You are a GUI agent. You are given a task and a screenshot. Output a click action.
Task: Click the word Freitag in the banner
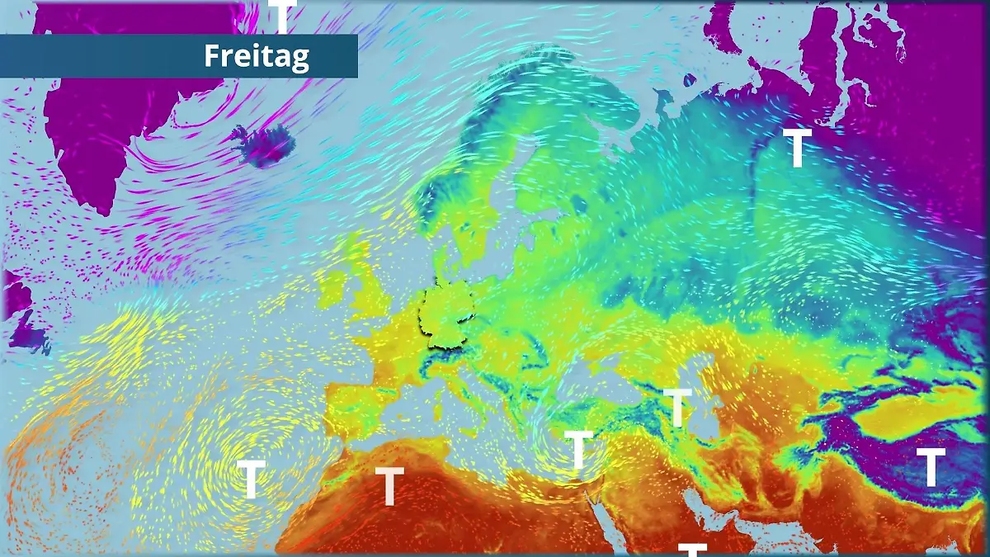click(x=256, y=56)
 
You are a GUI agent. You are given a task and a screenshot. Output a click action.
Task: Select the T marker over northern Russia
click(x=797, y=148)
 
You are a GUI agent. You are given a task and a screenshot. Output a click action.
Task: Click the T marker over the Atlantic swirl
click(x=251, y=479)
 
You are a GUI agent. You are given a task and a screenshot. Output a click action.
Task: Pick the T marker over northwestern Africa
click(x=389, y=485)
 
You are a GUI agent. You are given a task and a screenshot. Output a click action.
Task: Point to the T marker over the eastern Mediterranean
click(x=578, y=449)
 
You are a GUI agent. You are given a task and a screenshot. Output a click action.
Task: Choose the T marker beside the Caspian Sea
click(x=677, y=407)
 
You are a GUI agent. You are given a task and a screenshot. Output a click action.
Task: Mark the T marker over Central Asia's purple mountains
click(x=931, y=467)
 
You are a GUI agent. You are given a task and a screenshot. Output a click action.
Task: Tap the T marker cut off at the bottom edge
click(x=693, y=550)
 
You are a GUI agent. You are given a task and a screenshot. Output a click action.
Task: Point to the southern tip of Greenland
click(x=103, y=206)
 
